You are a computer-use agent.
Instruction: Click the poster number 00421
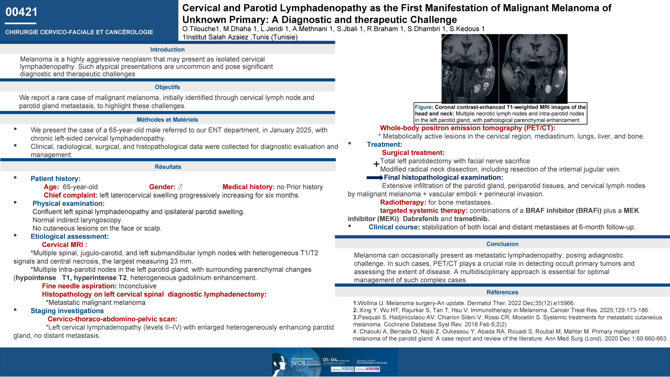[x=21, y=12]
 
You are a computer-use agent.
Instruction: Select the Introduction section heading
[x=167, y=49]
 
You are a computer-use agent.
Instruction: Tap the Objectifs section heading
[x=167, y=87]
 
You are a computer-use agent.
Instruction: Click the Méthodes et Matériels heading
[x=167, y=120]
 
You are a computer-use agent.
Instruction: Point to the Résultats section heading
[x=168, y=167]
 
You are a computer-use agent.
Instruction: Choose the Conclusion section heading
[x=502, y=244]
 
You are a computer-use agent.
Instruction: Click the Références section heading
[x=502, y=292]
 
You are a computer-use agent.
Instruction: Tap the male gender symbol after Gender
[x=180, y=187]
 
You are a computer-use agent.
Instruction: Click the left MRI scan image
[x=470, y=69]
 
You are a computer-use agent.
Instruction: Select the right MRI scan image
[x=533, y=69]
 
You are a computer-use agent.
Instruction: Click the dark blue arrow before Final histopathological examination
[x=375, y=178]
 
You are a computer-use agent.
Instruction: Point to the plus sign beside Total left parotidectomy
[x=376, y=164]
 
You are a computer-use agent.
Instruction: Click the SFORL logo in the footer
[x=298, y=363]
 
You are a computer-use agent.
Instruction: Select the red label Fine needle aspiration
[x=79, y=286]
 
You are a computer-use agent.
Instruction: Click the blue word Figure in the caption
[x=423, y=107]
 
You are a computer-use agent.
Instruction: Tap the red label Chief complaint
[x=70, y=195]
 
